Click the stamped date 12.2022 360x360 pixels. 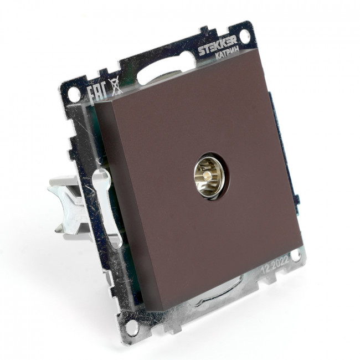coord(275,264)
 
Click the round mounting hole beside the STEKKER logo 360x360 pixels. coord(245,36)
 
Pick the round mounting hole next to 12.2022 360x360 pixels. coord(297,256)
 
